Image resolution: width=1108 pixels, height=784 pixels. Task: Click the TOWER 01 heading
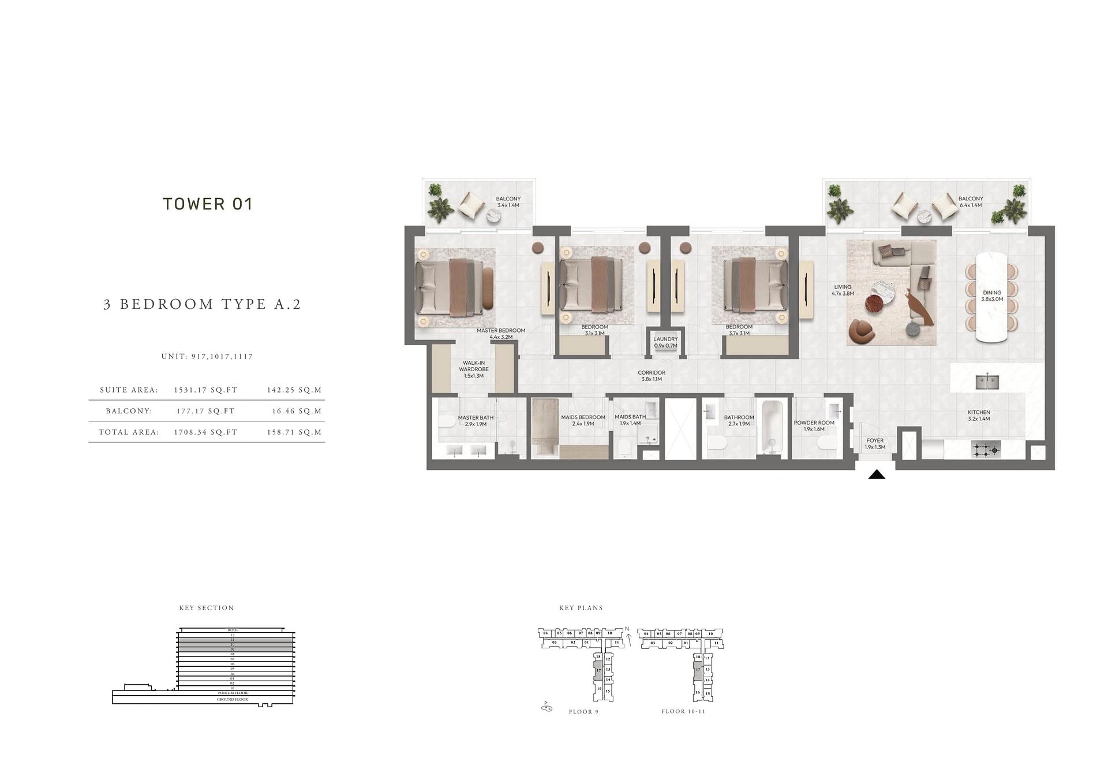(208, 204)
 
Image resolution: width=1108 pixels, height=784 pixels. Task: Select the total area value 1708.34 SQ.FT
(205, 432)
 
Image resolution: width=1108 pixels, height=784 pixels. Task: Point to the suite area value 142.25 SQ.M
(294, 390)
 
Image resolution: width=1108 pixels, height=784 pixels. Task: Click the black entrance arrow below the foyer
(877, 475)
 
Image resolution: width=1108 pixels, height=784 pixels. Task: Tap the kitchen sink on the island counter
(987, 382)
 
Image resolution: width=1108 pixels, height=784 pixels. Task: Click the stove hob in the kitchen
(985, 449)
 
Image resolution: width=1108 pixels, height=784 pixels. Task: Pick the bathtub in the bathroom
(771, 428)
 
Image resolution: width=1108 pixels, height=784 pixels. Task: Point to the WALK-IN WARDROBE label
(473, 369)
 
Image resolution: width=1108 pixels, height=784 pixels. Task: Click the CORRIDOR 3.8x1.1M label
(652, 376)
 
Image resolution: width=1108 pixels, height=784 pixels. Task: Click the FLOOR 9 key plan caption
(583, 712)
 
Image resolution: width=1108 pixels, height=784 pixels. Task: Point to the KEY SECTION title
(207, 608)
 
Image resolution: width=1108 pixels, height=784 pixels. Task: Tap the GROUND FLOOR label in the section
(233, 699)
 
